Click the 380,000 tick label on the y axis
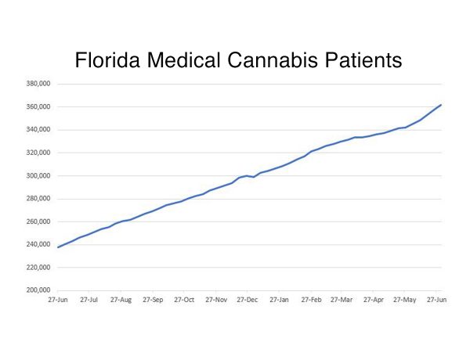[38, 84]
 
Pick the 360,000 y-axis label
[38, 106]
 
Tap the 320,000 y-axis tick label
[38, 153]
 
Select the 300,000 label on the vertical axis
[38, 175]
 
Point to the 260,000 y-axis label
[38, 221]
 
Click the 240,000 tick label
[38, 244]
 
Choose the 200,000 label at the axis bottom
[38, 290]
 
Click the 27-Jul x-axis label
[89, 300]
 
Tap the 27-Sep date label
[153, 300]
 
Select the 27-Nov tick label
[216, 300]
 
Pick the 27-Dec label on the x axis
[248, 300]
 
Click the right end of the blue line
[441, 105]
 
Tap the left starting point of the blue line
[57, 247]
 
